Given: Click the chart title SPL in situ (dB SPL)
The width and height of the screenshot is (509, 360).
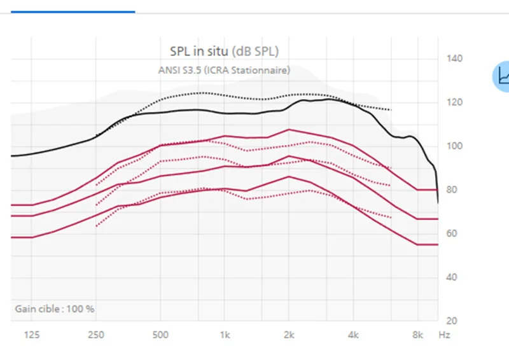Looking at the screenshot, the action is [225, 52].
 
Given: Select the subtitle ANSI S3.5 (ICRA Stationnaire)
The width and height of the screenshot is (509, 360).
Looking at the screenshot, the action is [224, 70].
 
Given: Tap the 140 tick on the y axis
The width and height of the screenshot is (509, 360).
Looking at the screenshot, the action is [454, 59].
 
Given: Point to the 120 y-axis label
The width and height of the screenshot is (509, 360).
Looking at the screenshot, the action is [454, 102].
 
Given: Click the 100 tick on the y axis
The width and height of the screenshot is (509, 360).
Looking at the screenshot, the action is [454, 146].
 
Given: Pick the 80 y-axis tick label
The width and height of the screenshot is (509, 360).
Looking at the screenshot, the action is [452, 190].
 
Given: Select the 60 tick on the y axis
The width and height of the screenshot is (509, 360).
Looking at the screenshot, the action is [452, 233].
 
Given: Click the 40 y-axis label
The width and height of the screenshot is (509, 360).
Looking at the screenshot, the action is [452, 277].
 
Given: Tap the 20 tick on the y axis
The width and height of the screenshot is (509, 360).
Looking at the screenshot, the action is [452, 321].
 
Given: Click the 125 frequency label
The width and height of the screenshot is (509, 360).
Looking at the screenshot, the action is [32, 335].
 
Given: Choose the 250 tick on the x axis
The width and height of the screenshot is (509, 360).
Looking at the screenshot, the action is [96, 335].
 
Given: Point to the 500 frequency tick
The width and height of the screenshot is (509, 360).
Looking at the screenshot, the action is [160, 335].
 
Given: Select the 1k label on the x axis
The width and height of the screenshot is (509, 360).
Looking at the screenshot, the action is [225, 335].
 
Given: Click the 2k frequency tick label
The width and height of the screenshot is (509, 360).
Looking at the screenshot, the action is [289, 335].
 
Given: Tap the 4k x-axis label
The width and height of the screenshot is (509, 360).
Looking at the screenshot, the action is [353, 335].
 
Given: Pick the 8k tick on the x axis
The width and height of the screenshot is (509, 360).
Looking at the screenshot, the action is [418, 335].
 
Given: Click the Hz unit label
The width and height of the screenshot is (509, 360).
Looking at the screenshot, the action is [444, 335].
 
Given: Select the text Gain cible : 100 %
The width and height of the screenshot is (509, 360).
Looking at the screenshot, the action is [55, 308].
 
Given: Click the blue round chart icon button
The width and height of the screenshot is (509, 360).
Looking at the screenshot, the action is [501, 76].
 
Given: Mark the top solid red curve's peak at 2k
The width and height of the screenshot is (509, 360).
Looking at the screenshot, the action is [289, 130].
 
